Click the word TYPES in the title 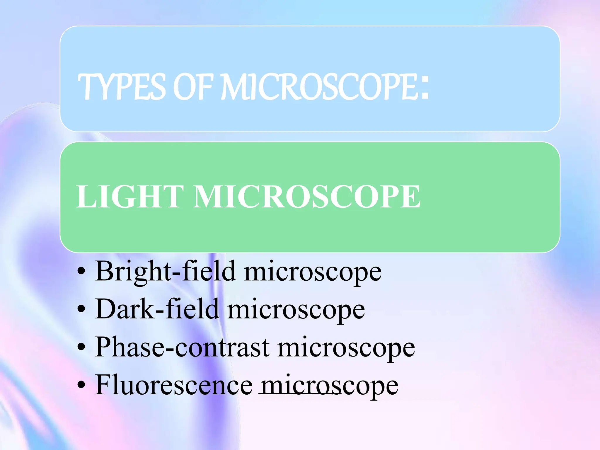click(x=122, y=87)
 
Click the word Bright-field click(x=166, y=271)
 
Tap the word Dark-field click(x=157, y=309)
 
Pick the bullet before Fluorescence click(x=81, y=386)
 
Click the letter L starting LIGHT click(x=85, y=197)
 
